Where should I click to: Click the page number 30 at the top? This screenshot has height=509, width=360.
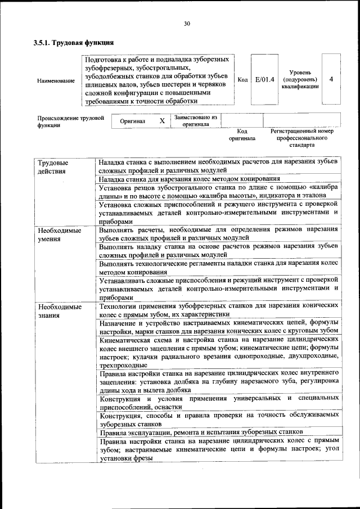click(187, 23)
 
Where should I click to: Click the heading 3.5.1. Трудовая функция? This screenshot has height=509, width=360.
click(74, 42)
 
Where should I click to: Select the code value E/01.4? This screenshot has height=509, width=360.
click(264, 80)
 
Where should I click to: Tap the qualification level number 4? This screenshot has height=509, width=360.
click(331, 79)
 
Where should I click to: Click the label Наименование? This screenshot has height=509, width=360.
click(56, 81)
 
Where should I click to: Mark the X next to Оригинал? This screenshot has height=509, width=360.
click(162, 121)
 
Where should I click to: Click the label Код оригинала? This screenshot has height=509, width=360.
click(242, 134)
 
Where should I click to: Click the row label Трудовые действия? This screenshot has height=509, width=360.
click(53, 166)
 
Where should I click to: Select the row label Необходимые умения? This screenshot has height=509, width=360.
click(59, 235)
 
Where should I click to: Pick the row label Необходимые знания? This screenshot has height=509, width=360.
click(59, 311)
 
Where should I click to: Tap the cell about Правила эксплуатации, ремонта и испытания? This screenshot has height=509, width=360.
click(201, 432)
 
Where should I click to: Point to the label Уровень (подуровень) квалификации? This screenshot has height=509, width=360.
click(299, 79)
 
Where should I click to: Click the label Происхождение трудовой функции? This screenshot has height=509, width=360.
click(71, 122)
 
